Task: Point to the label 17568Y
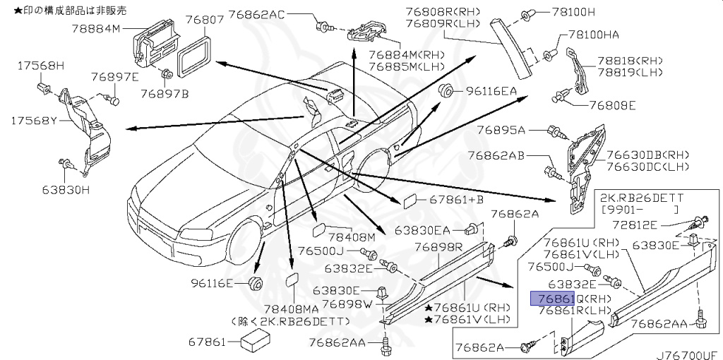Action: pos(33,121)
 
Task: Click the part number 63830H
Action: pos(66,189)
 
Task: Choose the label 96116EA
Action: pos(490,91)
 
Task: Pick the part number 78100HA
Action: pos(595,35)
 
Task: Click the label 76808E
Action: pos(612,107)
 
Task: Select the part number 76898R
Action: pos(438,246)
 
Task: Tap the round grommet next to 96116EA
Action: pos(446,90)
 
